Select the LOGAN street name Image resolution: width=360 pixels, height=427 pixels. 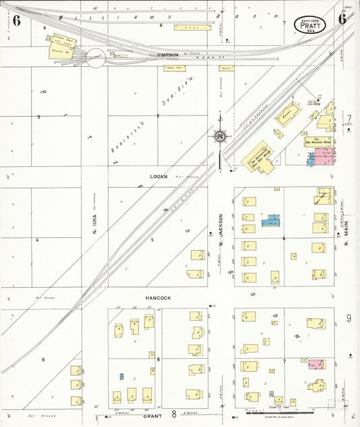point(159,176)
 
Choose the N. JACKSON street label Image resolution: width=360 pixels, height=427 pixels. point(222,227)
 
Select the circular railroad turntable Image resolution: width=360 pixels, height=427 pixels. point(95,61)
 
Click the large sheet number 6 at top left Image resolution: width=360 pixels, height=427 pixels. point(16,20)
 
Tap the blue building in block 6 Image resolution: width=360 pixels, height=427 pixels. point(271,220)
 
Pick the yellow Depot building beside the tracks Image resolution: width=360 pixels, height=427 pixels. point(287,116)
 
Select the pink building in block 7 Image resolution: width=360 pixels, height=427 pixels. point(315,364)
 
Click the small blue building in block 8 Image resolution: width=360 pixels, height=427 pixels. point(122,376)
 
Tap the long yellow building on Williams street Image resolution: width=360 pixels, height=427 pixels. point(192,28)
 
